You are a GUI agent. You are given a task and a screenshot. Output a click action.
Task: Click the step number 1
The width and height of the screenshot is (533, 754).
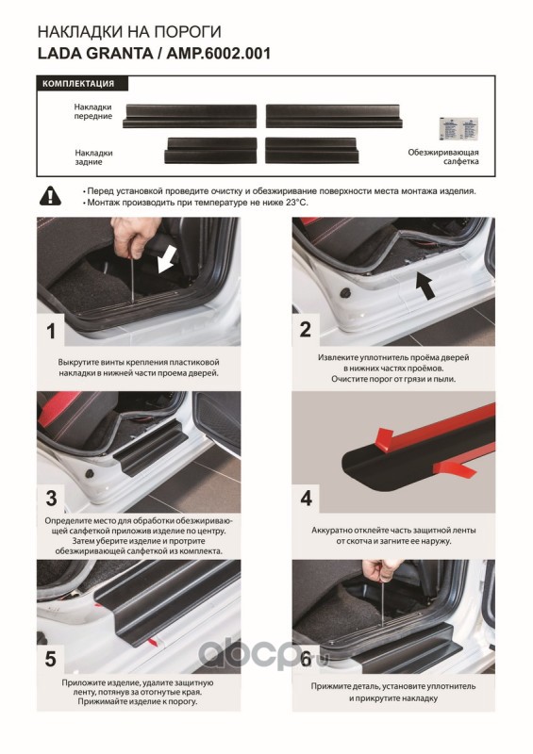pyautogui.click(x=51, y=332)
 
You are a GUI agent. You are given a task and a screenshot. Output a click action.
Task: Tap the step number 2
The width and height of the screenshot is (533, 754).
pyautogui.click(x=306, y=329)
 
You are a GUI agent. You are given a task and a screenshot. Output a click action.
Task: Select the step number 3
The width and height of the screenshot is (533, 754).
pyautogui.click(x=52, y=499)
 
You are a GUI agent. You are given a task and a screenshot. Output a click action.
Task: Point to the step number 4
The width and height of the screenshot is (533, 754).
pyautogui.click(x=307, y=499)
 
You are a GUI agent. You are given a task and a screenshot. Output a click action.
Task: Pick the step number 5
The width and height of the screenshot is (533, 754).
pyautogui.click(x=51, y=659)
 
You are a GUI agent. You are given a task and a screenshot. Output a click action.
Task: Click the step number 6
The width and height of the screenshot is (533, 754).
pyautogui.click(x=307, y=659)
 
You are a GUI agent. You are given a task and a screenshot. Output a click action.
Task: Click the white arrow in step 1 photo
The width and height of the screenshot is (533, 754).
pyautogui.click(x=165, y=264)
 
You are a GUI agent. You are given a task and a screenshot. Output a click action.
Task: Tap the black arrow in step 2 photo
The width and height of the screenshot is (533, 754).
pyautogui.click(x=426, y=286)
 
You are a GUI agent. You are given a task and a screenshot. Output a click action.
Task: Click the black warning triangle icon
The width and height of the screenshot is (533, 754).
pyautogui.click(x=51, y=196)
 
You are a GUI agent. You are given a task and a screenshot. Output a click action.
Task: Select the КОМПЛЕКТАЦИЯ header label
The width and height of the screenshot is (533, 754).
pyautogui.click(x=78, y=84)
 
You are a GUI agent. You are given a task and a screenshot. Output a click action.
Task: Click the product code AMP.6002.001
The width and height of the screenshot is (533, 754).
pyautogui.click(x=218, y=54)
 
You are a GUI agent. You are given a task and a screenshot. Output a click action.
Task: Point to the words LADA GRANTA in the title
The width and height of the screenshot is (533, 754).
pyautogui.click(x=95, y=54)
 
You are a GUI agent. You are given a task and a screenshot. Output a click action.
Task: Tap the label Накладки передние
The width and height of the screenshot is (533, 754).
pyautogui.click(x=93, y=111)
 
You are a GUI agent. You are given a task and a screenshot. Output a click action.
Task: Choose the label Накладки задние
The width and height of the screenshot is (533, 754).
pyautogui.click(x=93, y=157)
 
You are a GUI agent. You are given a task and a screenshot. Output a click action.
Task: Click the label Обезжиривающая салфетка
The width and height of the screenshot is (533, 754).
pyautogui.click(x=443, y=156)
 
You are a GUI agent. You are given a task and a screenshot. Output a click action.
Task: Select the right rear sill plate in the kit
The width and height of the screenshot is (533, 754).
pyautogui.click(x=312, y=151)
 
